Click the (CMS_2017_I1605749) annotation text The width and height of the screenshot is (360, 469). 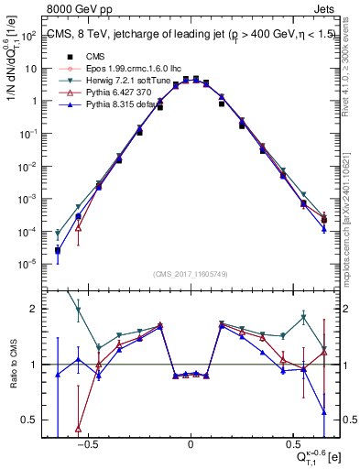point(190,274)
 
